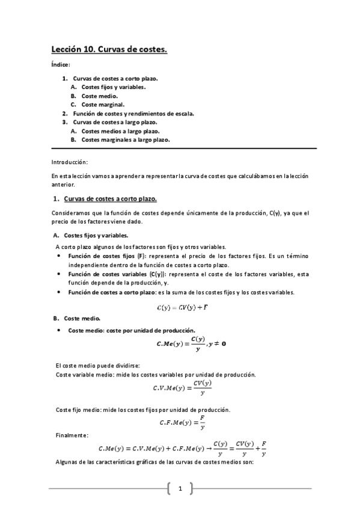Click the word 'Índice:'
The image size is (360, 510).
click(61, 65)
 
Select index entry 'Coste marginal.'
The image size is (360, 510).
click(103, 104)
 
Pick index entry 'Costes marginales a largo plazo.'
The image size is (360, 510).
click(126, 140)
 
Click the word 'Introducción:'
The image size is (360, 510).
click(70, 162)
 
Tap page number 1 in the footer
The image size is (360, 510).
click(180, 488)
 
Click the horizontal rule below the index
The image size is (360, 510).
click(184, 148)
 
